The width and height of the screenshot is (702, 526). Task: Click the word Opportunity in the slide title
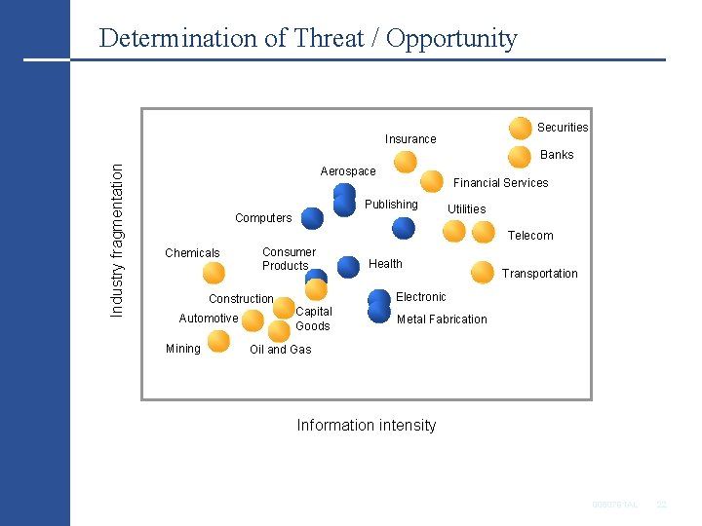click(452, 39)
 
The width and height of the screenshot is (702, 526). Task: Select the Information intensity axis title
click(366, 425)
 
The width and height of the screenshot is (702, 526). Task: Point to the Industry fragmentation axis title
click(117, 239)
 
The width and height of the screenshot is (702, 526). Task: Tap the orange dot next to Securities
click(521, 128)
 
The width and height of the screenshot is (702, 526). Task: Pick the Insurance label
click(410, 139)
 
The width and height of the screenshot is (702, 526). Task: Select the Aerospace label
click(348, 171)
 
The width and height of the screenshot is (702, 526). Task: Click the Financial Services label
click(501, 183)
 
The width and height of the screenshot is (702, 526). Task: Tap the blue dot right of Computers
click(312, 218)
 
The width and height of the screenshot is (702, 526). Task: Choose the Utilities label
click(466, 209)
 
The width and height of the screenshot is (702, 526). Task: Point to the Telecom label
click(530, 236)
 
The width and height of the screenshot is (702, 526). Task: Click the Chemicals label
click(192, 253)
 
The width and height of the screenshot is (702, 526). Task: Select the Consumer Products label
click(288, 259)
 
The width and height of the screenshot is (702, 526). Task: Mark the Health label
click(385, 264)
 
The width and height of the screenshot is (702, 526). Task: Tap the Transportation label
click(539, 274)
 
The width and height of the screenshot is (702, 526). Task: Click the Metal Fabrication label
click(442, 319)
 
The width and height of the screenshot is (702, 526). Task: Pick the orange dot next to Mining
click(218, 341)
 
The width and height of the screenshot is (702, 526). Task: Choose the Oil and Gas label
click(281, 350)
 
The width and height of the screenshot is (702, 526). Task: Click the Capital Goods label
click(313, 319)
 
